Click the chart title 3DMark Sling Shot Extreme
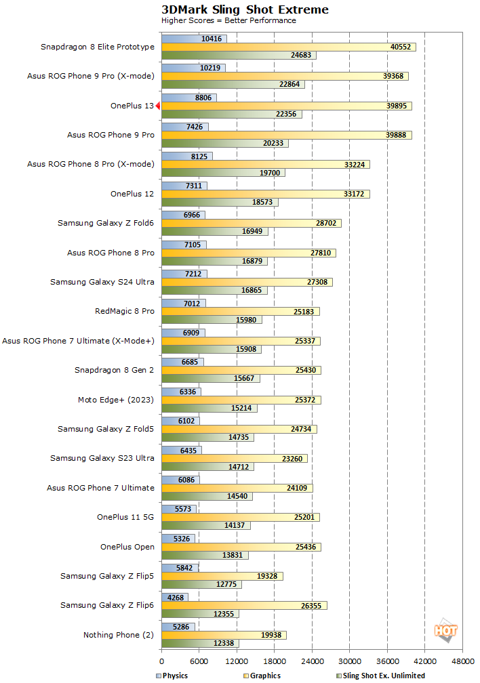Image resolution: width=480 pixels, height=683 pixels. [245, 9]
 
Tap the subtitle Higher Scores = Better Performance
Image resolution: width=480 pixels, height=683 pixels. [228, 20]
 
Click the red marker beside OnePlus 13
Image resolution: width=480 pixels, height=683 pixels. [157, 106]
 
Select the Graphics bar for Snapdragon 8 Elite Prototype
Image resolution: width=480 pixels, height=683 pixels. [288, 47]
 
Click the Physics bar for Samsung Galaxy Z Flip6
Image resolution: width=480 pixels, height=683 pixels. [175, 597]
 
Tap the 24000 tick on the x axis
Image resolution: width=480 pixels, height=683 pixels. [312, 661]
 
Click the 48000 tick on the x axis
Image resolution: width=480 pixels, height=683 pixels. [462, 661]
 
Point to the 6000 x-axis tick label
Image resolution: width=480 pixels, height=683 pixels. [199, 661]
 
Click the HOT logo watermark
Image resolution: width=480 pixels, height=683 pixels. [445, 631]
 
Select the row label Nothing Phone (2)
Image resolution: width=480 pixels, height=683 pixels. [119, 635]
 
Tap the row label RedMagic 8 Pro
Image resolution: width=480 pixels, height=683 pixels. [125, 311]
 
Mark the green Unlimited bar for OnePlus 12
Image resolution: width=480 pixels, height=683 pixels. [220, 203]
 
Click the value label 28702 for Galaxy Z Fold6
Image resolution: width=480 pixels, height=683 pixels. [325, 223]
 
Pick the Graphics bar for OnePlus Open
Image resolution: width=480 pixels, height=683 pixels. [241, 547]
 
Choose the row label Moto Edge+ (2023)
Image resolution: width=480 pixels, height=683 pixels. [116, 400]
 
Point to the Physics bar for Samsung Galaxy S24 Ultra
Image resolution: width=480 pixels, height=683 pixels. [184, 273]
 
